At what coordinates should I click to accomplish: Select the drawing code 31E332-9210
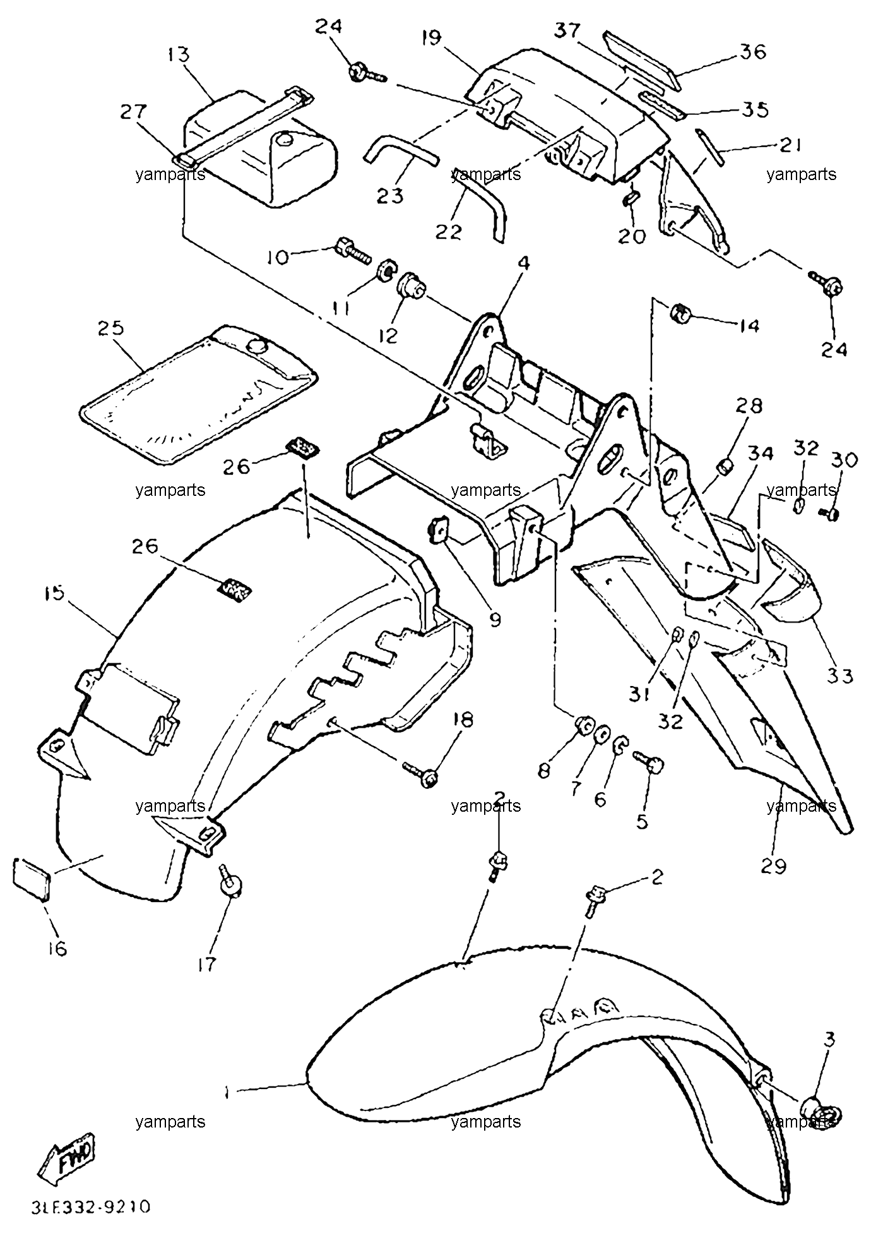(x=91, y=1206)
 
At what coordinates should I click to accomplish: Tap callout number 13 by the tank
(x=179, y=55)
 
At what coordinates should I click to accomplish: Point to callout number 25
(x=111, y=329)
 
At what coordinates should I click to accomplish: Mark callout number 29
(x=774, y=867)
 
